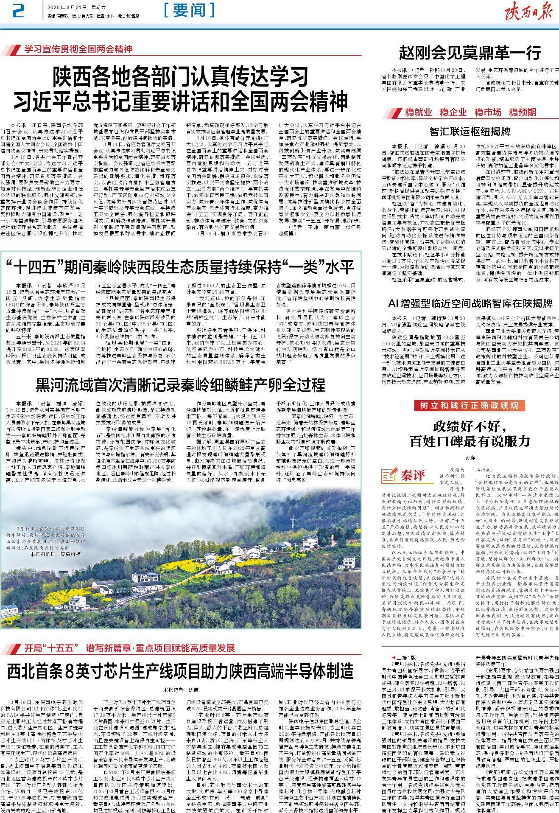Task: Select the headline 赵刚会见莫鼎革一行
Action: (470, 53)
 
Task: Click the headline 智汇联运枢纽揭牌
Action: (470, 131)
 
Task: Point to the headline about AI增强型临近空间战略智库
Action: (470, 303)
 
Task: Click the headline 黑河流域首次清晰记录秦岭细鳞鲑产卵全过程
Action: (180, 385)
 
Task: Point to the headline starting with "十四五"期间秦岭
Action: (180, 267)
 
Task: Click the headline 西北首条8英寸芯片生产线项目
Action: (180, 671)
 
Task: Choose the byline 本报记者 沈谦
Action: (180, 690)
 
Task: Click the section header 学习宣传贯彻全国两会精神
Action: (78, 50)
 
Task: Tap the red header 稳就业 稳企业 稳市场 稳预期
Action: (470, 112)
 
